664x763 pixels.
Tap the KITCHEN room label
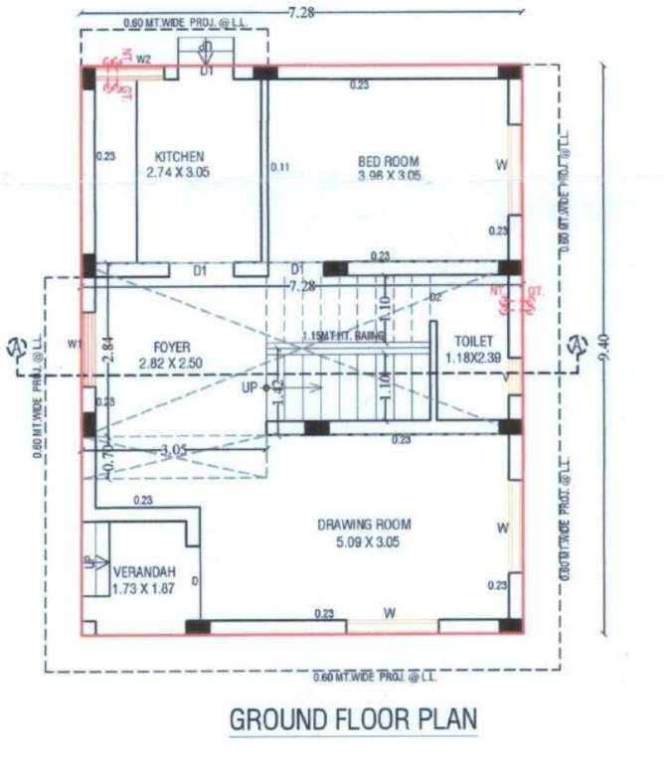[179, 157]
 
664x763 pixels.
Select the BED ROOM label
[388, 161]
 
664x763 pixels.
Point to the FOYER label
[172, 347]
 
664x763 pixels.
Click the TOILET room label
[473, 341]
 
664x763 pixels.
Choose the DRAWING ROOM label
[364, 525]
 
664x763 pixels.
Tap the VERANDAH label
[144, 573]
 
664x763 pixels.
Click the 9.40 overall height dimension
[605, 347]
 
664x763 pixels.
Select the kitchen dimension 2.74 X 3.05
[179, 173]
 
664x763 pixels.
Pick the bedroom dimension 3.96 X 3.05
[389, 176]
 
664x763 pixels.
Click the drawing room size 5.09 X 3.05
[364, 541]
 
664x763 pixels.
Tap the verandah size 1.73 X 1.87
[146, 589]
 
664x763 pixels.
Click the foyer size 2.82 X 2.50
[171, 363]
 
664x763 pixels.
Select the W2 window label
[143, 60]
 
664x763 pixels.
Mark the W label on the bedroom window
[500, 163]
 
